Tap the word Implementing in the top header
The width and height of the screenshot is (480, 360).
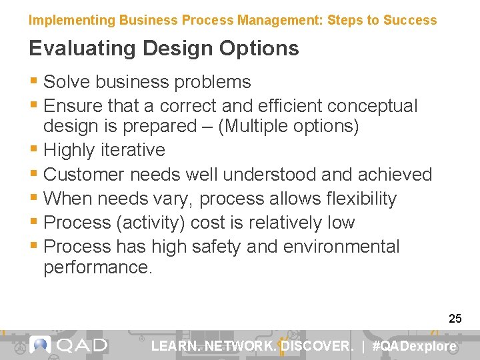pos(72,20)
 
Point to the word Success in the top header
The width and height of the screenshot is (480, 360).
pos(411,20)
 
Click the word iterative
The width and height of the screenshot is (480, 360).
pos(134,150)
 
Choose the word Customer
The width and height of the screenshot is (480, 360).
pos(84,175)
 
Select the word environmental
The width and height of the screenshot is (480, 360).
pos(341,247)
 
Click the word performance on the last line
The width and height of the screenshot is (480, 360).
pos(97,267)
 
